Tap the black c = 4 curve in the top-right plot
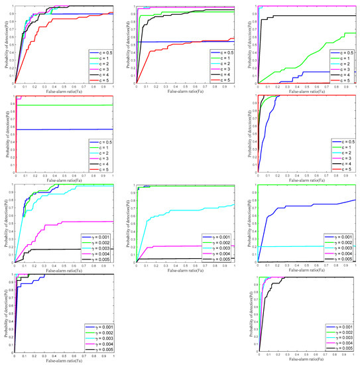(305, 16)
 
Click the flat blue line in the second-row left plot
(66, 129)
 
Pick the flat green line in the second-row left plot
(66, 105)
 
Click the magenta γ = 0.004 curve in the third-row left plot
(73, 223)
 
